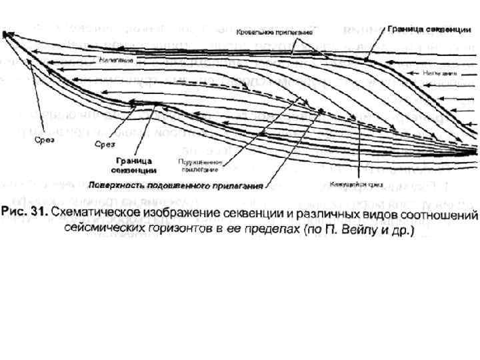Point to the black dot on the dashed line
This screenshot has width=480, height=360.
321,111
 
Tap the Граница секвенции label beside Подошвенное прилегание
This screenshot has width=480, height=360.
133,165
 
